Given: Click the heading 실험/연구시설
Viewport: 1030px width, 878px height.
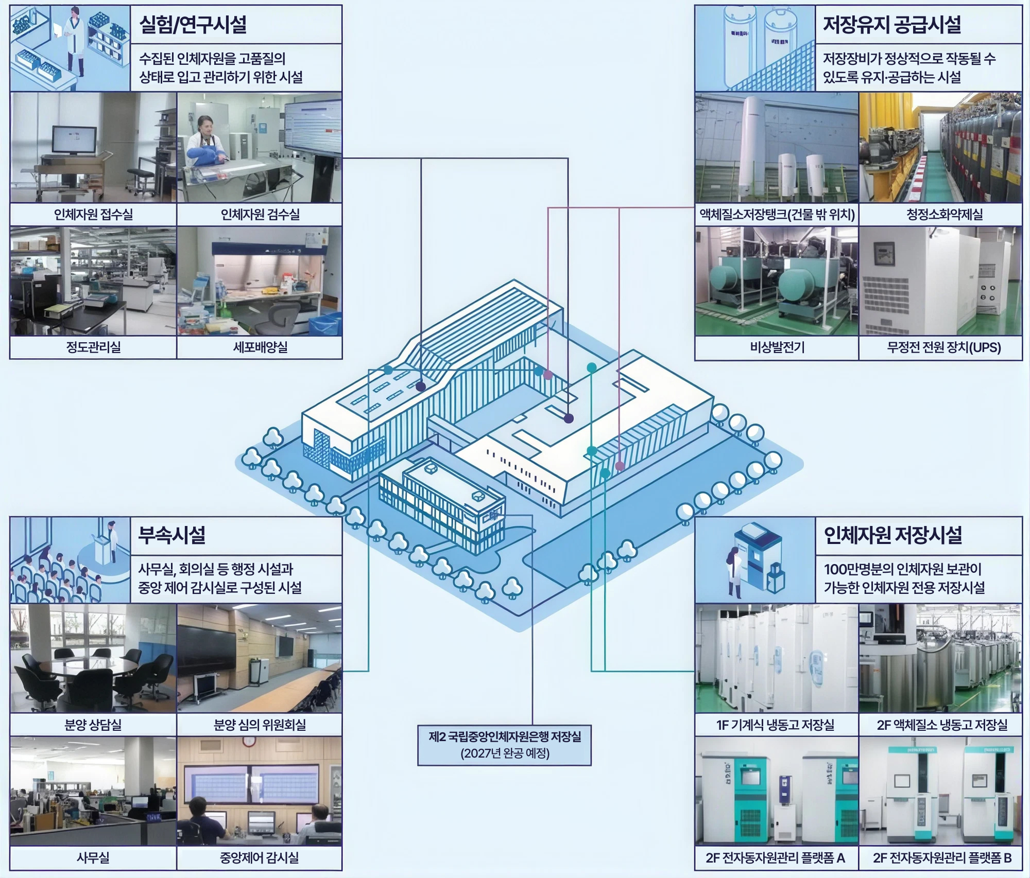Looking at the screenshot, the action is [x=193, y=24].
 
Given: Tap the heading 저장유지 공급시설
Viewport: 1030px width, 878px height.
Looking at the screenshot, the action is [x=891, y=24].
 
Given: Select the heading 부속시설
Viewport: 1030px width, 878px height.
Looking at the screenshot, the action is [x=172, y=535].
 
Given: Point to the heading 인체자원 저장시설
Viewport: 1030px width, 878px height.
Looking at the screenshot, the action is [x=892, y=535].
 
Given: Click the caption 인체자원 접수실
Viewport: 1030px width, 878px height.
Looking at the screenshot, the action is [x=93, y=214].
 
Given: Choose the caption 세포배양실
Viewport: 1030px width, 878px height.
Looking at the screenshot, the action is [x=260, y=347].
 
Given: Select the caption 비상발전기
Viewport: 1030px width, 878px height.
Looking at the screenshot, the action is [x=777, y=347].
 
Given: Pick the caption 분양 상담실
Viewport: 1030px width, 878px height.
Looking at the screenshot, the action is [x=93, y=725].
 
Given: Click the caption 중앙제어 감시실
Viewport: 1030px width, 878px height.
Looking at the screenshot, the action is [x=259, y=857].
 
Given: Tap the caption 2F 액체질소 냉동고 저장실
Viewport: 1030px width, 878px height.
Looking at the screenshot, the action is [x=942, y=725].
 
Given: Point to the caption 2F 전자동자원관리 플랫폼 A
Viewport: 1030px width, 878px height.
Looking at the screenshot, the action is [x=776, y=857].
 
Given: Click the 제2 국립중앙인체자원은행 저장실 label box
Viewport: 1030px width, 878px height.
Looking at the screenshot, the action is [x=504, y=745].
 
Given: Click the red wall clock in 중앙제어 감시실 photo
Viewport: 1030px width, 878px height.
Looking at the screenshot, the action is [x=249, y=741].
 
